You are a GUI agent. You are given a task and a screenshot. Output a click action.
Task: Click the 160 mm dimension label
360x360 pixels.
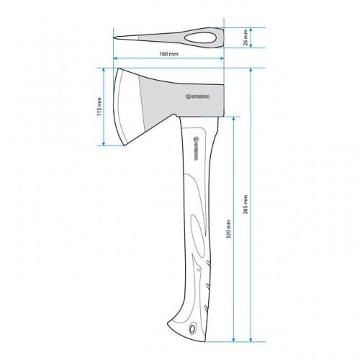(169, 54)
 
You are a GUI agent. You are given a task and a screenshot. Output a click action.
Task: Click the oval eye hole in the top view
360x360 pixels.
(204, 37)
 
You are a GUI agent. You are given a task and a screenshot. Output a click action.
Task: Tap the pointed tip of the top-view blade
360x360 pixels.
(116, 37)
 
